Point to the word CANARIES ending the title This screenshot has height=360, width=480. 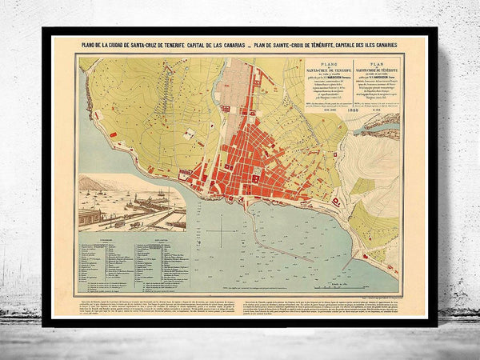[386, 46]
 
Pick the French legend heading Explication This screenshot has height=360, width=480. [158, 238]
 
